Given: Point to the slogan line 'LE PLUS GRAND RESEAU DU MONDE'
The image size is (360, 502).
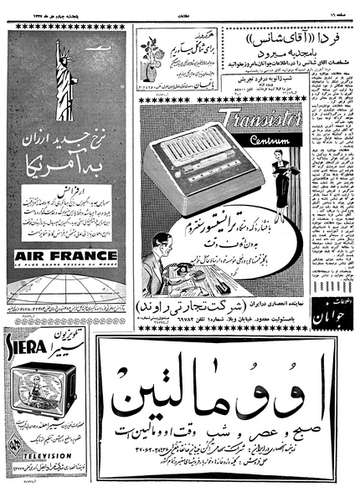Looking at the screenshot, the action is point(65,266).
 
